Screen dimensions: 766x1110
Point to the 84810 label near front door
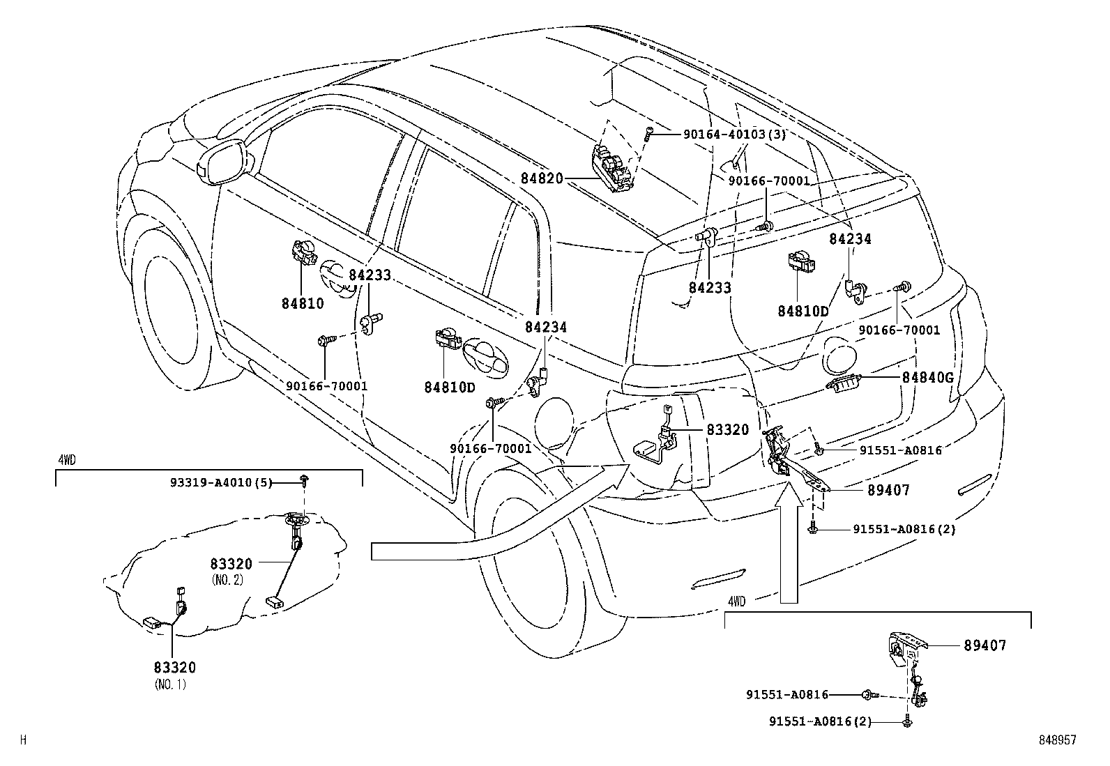coord(303,303)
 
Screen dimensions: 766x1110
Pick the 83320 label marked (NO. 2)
coord(231,563)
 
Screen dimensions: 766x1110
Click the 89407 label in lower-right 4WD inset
coord(985,645)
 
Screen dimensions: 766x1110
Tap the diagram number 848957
coord(1056,740)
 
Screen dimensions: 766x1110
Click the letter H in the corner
coord(23,740)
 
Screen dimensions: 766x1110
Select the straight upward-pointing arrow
coord(789,544)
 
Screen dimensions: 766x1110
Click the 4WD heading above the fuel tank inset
coord(66,460)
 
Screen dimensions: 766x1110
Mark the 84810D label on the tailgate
coord(803,311)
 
